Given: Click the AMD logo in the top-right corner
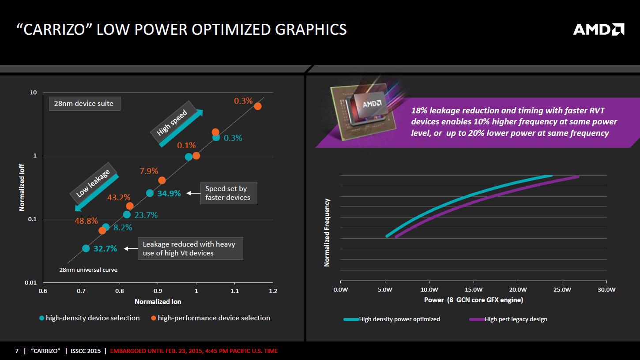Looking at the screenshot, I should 599,30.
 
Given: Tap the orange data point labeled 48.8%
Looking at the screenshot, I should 102,230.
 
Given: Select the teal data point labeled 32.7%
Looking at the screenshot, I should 86,248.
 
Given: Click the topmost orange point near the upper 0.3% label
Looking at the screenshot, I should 258,106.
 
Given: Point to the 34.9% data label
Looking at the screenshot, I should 169,193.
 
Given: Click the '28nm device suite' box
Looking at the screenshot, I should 84,104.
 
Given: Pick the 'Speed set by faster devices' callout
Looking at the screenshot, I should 228,193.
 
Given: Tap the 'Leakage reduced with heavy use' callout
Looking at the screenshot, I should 190,248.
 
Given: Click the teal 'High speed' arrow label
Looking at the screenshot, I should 175,124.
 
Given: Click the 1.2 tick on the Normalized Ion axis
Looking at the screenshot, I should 273,291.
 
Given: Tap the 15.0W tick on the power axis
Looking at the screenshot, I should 474,290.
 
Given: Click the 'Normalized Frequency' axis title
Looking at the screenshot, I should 327,232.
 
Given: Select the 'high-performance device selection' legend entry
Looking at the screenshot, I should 214,318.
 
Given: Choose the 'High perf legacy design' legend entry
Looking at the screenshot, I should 516,319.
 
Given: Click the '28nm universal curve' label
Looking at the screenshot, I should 88,270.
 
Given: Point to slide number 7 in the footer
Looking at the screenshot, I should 17,351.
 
